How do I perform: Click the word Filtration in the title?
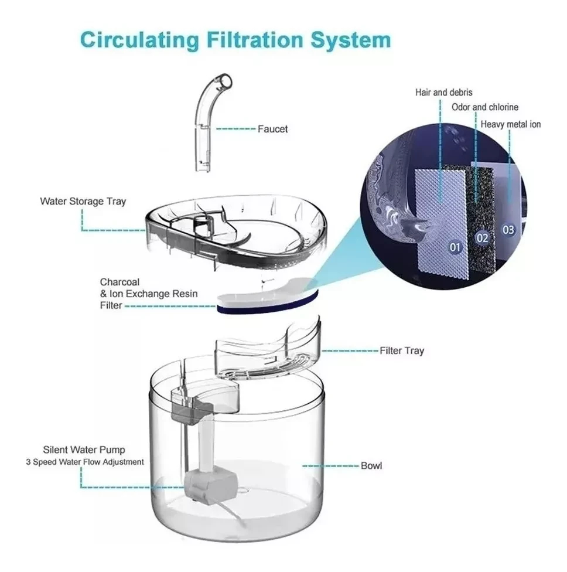[255, 40]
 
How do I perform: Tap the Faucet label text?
[273, 129]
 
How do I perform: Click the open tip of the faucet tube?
[227, 81]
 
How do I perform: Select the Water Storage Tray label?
[83, 202]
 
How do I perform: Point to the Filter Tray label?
[402, 351]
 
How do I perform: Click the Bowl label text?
[371, 466]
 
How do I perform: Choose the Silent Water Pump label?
[84, 450]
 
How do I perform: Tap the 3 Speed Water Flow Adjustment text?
[84, 462]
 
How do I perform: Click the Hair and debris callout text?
[444, 93]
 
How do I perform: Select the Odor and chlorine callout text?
[485, 107]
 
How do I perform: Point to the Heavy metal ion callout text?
[511, 124]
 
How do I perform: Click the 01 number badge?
[455, 248]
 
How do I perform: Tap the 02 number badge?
[482, 238]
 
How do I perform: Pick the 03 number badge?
[508, 230]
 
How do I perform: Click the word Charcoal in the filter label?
[119, 282]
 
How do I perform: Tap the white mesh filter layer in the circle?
[442, 223]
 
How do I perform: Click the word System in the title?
[350, 40]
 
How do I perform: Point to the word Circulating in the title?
[139, 40]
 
